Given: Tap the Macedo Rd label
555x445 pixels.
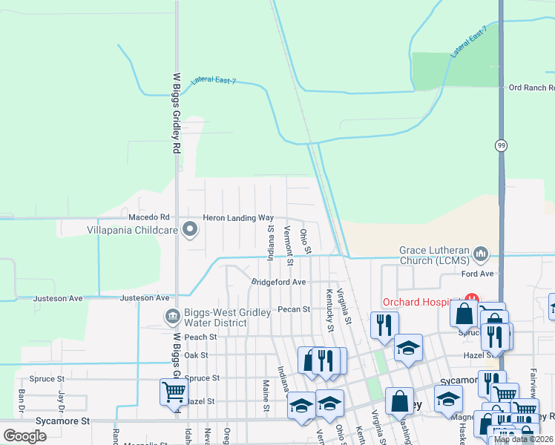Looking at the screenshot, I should [149, 217].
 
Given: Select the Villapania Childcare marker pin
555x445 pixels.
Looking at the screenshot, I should [191, 230].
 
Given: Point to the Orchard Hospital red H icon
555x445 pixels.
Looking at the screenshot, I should [470, 300].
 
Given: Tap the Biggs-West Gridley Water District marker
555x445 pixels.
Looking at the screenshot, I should [173, 317].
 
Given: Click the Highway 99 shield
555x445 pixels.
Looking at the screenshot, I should [502, 146].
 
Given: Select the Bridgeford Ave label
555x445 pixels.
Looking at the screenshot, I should [278, 283].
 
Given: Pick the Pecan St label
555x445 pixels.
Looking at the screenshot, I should [293, 309].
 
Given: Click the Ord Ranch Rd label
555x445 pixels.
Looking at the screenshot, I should [531, 88].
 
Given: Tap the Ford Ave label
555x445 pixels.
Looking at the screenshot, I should [478, 274].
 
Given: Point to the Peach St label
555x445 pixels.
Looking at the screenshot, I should [200, 337].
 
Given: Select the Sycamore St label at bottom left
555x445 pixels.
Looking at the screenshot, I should [64, 421].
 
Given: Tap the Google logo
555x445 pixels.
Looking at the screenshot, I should [25, 435].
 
